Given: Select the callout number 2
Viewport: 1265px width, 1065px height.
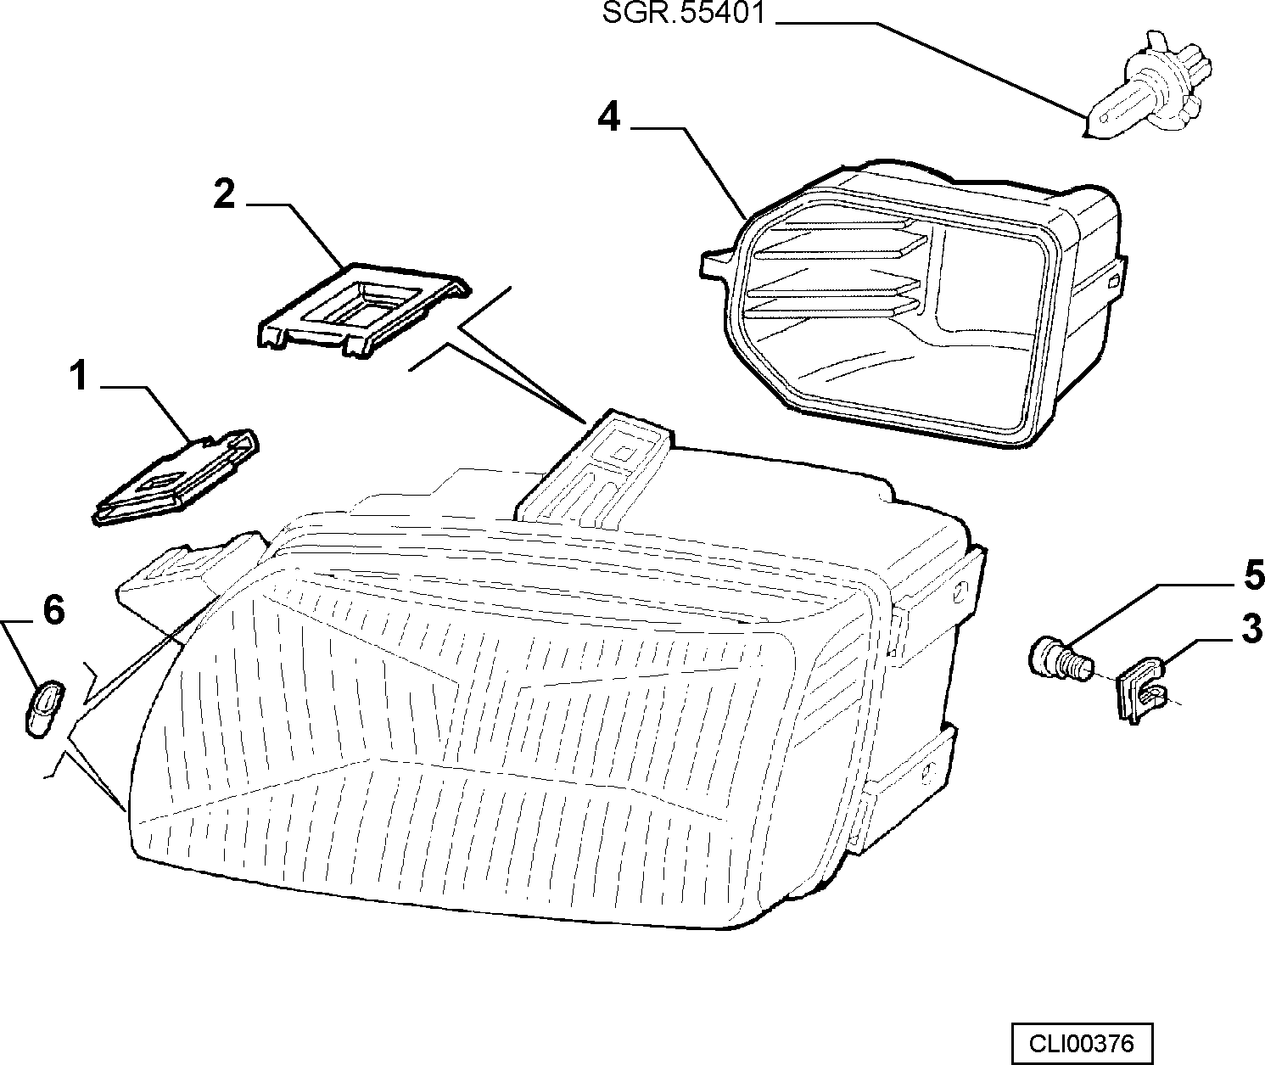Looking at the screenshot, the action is pyautogui.click(x=224, y=194).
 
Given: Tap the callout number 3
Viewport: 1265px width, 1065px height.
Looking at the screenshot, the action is pyautogui.click(x=1251, y=628).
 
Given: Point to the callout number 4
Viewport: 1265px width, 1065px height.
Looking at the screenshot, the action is pyautogui.click(x=609, y=116).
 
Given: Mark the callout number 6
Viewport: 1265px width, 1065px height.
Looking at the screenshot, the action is pyautogui.click(x=53, y=610).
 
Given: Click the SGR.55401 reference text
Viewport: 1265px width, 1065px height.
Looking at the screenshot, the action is pyautogui.click(x=684, y=13).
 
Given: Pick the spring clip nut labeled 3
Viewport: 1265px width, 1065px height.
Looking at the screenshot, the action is pyautogui.click(x=1139, y=691).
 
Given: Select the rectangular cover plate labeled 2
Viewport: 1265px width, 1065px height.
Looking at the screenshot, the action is pyautogui.click(x=363, y=310).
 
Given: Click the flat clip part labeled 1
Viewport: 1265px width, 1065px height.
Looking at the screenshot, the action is pyautogui.click(x=176, y=476).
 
